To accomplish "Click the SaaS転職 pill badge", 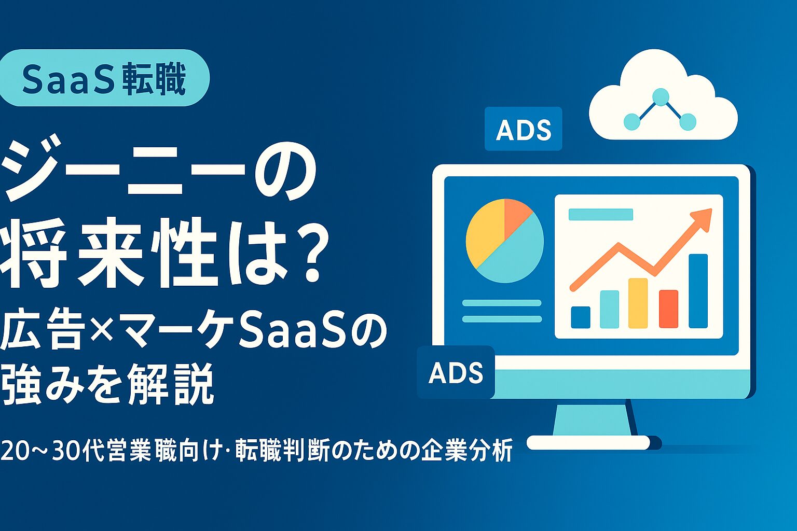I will (x=104, y=78).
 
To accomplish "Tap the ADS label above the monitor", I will (x=523, y=129).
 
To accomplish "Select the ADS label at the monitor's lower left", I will (x=456, y=372).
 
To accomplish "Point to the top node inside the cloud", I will (x=660, y=96).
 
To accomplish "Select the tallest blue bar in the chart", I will (x=698, y=291).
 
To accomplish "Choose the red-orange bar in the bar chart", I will (x=668, y=309).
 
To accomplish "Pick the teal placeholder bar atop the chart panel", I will (x=601, y=214).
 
